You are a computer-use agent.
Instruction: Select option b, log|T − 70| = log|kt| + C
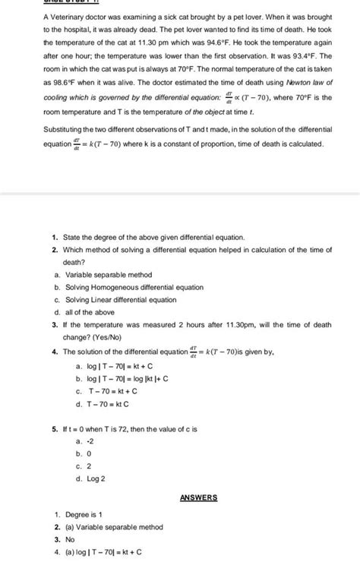click(x=122, y=378)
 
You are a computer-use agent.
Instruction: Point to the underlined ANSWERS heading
click(x=198, y=498)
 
